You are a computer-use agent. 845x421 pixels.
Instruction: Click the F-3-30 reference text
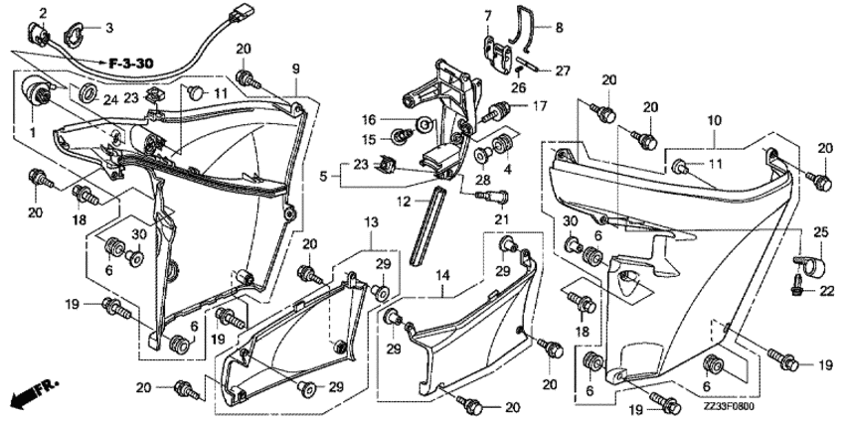coord(131,64)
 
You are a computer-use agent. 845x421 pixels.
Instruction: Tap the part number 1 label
coord(33,131)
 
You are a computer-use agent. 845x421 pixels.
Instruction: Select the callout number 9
coord(295,69)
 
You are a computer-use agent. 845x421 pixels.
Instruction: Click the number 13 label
coord(371,221)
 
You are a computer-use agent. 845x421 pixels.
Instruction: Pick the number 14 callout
coord(442,276)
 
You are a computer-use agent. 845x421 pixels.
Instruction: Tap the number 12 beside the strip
coord(406,202)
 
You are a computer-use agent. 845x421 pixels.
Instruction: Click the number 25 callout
coord(820,233)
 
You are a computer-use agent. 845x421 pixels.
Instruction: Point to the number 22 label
coord(827,290)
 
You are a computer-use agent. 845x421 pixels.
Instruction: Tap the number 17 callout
coord(541,105)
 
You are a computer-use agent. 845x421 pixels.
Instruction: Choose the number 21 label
coord(502,219)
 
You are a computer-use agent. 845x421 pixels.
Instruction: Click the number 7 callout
coord(488,16)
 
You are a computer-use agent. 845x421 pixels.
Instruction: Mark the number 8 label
coord(559,27)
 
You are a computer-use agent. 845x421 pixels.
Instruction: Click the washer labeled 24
coord(85,93)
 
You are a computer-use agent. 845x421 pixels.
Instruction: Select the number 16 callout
coord(368,119)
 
